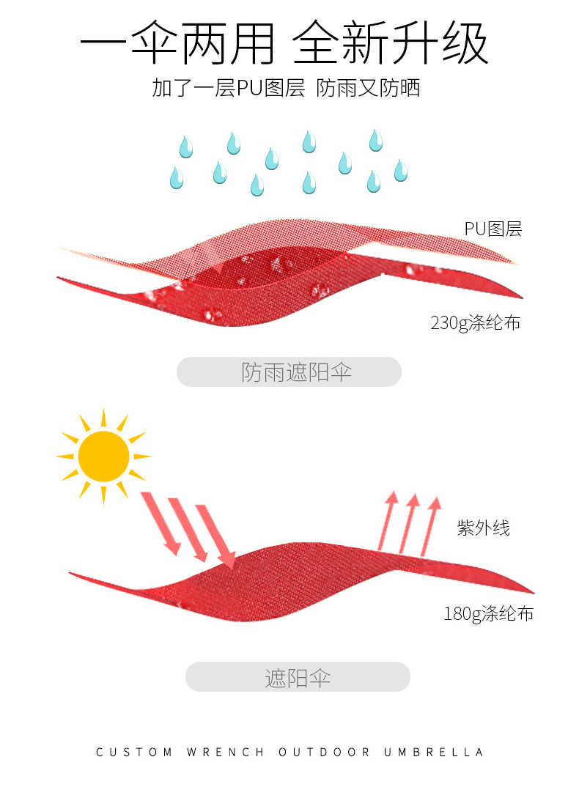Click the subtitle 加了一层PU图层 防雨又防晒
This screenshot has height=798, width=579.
pos(286,88)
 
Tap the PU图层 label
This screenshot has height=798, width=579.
pos(493,229)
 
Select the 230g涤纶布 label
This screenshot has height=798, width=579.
pos(475,322)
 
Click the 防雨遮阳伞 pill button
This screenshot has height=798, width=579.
pos(289,372)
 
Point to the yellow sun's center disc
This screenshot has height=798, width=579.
pos(104,457)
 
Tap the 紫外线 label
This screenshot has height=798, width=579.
pos(483,527)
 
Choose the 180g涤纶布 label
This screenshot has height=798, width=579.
pos(488,613)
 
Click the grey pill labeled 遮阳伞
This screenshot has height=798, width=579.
pos(297,677)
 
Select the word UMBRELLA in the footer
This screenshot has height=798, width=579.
pos(433,752)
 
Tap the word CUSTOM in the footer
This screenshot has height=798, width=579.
pos(134,752)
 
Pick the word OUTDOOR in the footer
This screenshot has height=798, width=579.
pos(322,752)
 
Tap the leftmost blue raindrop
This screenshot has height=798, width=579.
pos(176,177)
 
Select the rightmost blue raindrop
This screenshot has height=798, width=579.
pos(400,170)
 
